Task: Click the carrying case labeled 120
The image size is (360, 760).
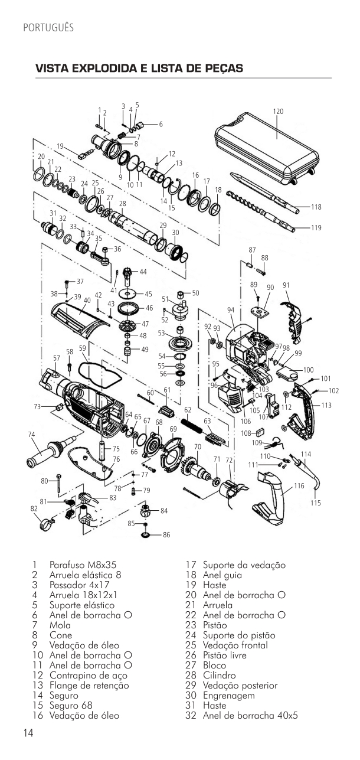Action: click(268, 149)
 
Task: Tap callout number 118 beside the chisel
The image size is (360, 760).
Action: click(316, 207)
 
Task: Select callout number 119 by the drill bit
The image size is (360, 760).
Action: click(316, 228)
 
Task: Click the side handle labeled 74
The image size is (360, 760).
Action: click(51, 450)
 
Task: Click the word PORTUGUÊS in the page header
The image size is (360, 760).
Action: click(48, 28)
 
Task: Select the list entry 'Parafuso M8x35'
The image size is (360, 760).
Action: click(83, 565)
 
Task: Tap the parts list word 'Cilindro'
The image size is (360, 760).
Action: click(219, 675)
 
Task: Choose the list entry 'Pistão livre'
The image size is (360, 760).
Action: click(224, 655)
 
